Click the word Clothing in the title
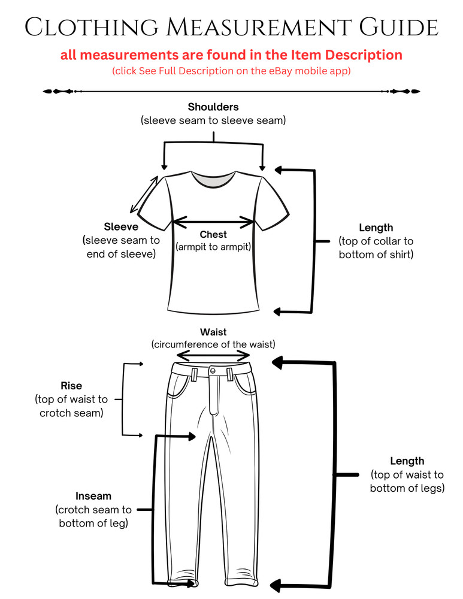[x=92, y=27]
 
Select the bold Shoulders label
[x=213, y=107]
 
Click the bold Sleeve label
[x=121, y=226]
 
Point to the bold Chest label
[x=213, y=234]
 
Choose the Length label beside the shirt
[x=376, y=228]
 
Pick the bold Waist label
[x=213, y=332]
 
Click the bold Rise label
[x=71, y=385]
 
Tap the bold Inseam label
[x=93, y=496]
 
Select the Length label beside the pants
[x=407, y=461]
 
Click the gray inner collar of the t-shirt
[x=213, y=180]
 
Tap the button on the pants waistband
[x=213, y=371]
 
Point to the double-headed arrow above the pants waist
[x=213, y=356]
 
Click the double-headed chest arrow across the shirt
[x=213, y=221]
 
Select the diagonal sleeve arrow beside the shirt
[x=144, y=195]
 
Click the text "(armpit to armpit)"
[x=213, y=247]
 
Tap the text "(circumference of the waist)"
[x=213, y=344]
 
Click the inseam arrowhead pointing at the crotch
[x=190, y=436]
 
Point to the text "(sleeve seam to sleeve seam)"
[x=213, y=121]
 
